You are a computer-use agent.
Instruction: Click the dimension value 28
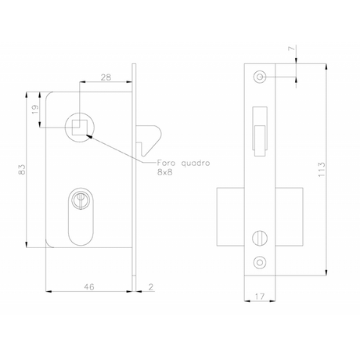point(106,77)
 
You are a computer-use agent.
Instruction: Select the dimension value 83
point(22,170)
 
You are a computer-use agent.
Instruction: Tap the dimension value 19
point(35,109)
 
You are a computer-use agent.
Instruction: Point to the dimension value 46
point(89,286)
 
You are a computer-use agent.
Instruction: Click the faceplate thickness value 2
point(151,287)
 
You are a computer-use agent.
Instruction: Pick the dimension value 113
point(322,170)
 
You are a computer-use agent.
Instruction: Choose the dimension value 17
point(260,297)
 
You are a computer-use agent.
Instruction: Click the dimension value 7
point(293,49)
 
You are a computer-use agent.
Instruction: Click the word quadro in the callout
point(196,164)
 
